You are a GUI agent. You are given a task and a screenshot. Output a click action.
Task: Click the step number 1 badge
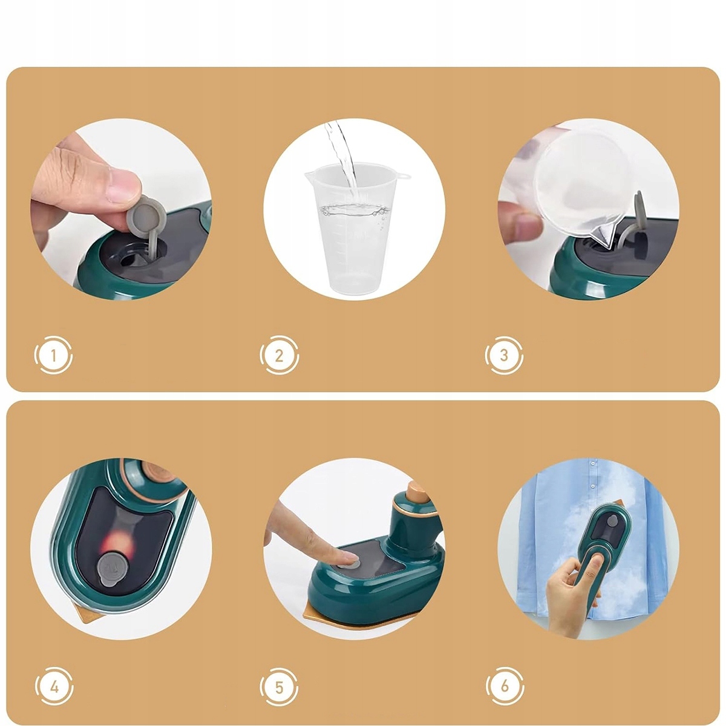pyautogui.click(x=53, y=355)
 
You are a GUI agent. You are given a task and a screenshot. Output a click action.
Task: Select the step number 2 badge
pyautogui.click(x=279, y=355)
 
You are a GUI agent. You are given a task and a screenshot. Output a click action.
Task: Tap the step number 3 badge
pyautogui.click(x=504, y=355)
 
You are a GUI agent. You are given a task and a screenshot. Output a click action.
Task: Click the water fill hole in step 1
pyautogui.click(x=128, y=257)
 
